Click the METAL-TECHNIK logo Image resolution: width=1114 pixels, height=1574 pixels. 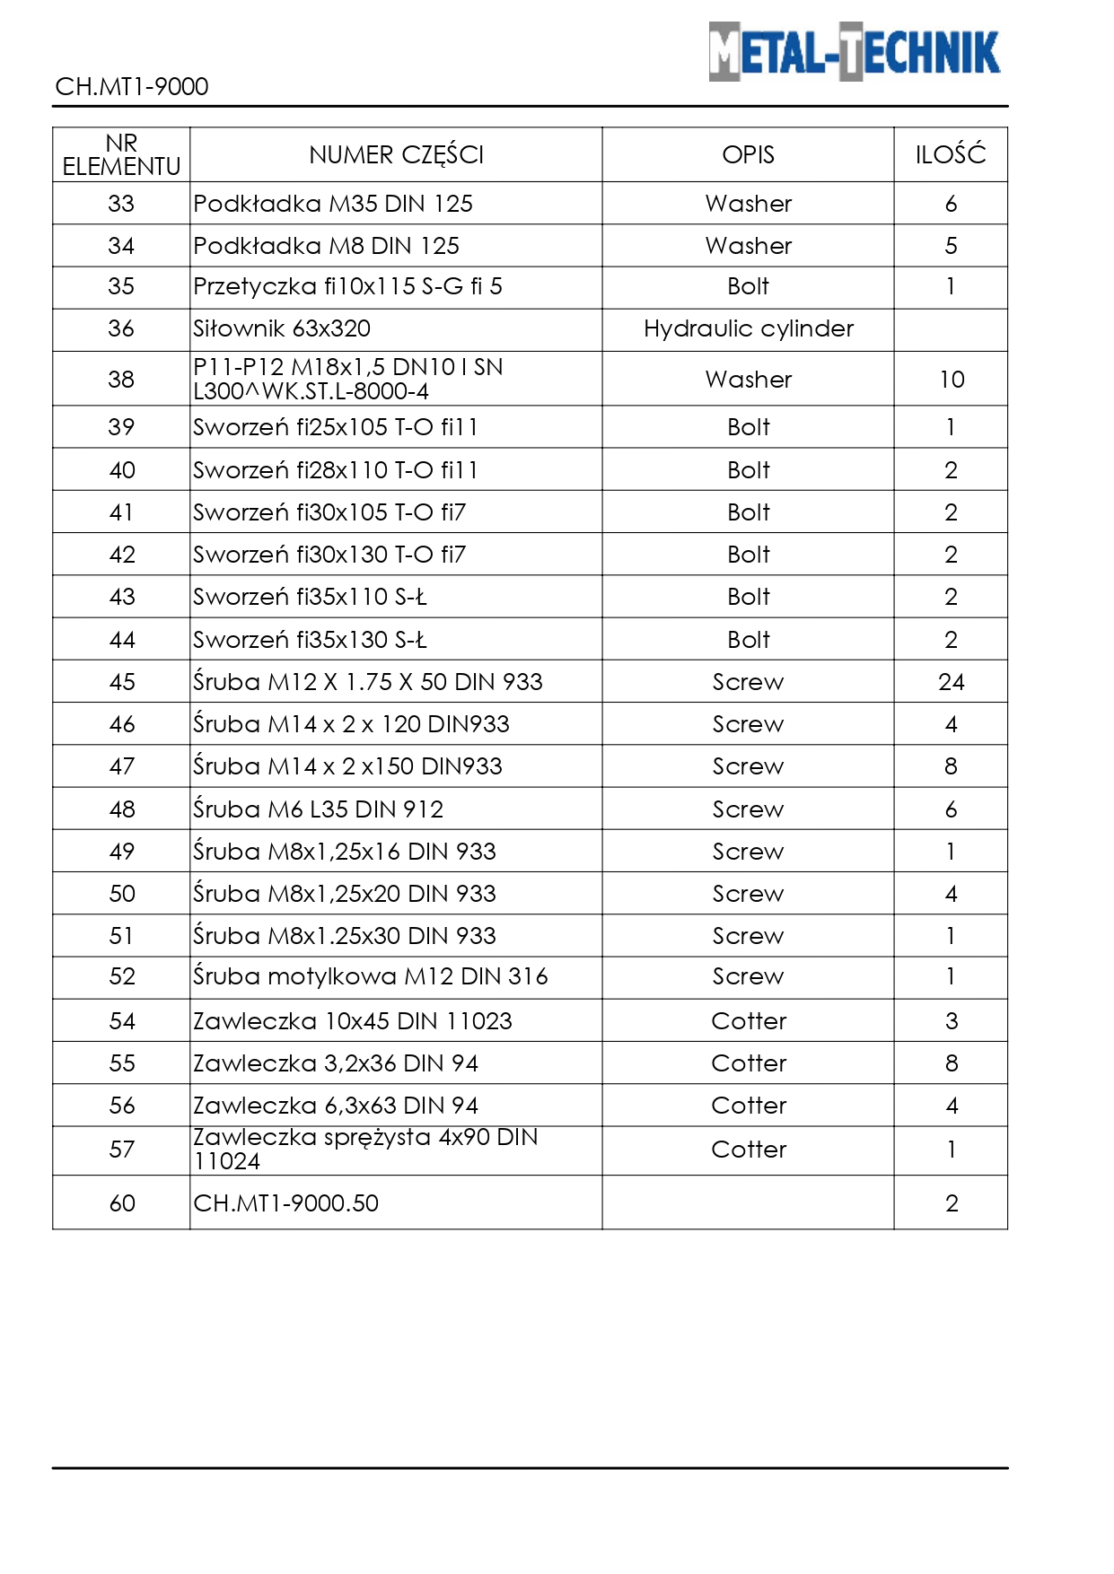point(854,52)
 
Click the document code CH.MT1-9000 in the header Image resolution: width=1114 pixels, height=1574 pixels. point(132,87)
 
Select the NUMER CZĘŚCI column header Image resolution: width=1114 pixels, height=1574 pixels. point(396,155)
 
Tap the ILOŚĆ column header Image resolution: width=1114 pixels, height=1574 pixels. point(951,155)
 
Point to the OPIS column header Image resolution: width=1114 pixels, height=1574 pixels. point(748,155)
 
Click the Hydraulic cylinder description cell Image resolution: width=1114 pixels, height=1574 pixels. point(748,329)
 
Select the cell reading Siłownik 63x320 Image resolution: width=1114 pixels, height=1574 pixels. point(282,329)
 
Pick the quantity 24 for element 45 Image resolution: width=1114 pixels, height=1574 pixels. point(951,682)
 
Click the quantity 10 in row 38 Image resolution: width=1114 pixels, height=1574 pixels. point(952,380)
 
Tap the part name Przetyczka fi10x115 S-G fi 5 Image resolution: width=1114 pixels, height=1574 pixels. point(347,286)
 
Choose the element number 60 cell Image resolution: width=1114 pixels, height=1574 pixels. point(122,1203)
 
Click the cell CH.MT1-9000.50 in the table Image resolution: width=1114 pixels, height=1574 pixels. point(286,1203)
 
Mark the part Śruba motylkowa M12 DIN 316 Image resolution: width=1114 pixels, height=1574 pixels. point(370,976)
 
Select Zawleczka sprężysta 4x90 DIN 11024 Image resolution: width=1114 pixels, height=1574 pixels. point(365,1149)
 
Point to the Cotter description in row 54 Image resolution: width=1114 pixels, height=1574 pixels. point(748,1021)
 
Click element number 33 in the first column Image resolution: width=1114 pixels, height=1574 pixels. point(121,204)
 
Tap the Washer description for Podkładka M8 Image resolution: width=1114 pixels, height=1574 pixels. point(748,246)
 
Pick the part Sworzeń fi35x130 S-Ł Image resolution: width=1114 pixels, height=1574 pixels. point(310,640)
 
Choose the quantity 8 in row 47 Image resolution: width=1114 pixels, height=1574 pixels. point(951,766)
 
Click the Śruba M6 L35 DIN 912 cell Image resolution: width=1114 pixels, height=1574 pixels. point(319,809)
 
